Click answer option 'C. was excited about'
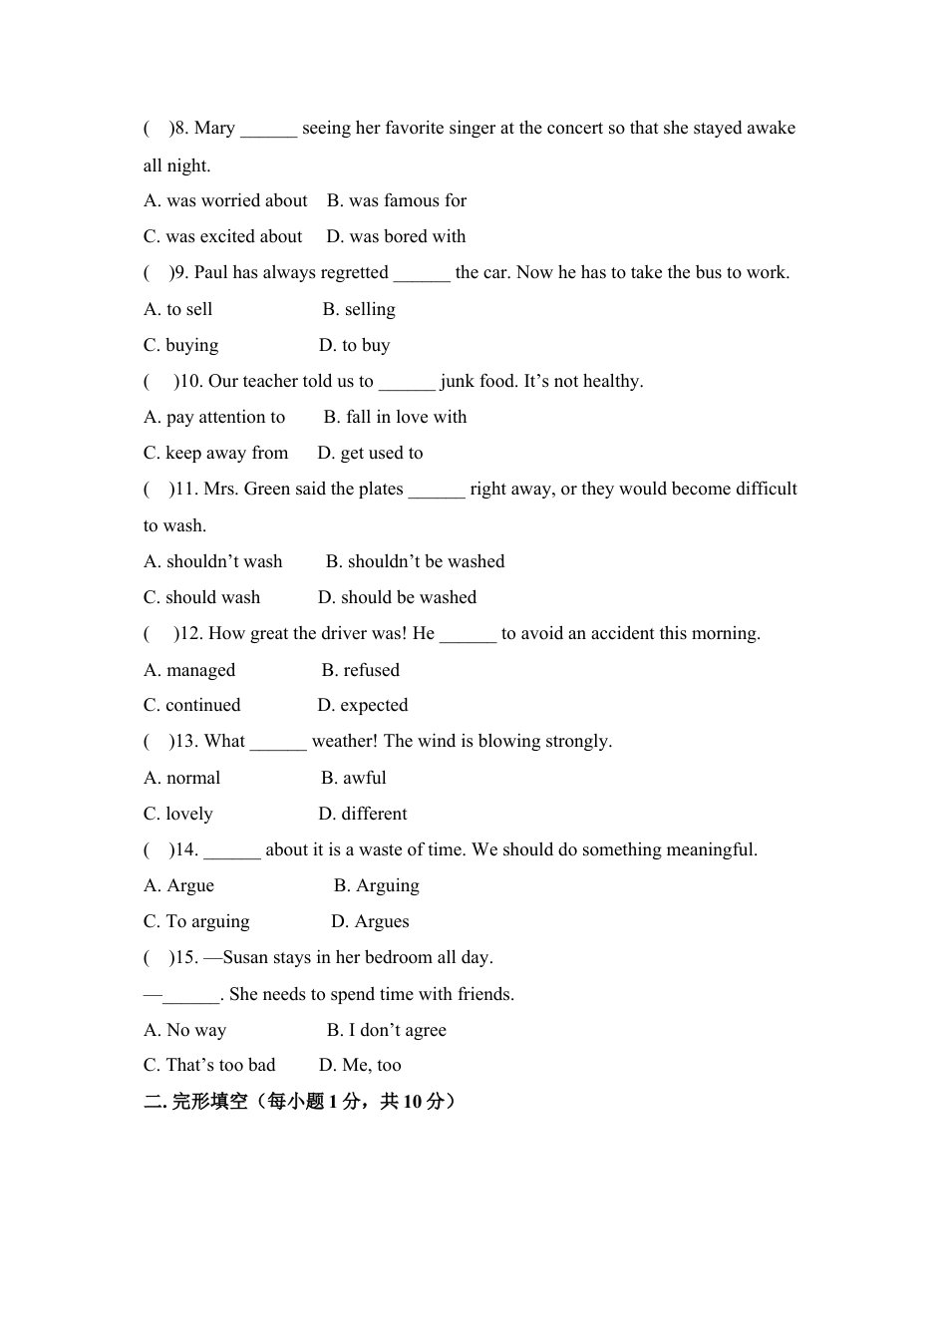point(222,237)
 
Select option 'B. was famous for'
point(397,201)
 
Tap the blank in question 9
point(422,274)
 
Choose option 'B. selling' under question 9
point(359,310)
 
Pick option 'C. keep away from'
point(215,454)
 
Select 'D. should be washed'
point(397,598)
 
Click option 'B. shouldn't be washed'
point(415,562)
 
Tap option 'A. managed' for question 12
point(189,670)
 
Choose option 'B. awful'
point(354,779)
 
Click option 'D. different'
point(363,815)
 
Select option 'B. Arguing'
point(376,886)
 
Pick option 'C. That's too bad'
point(209,1066)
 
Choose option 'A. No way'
point(184,1031)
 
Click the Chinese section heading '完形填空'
point(209,1102)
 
